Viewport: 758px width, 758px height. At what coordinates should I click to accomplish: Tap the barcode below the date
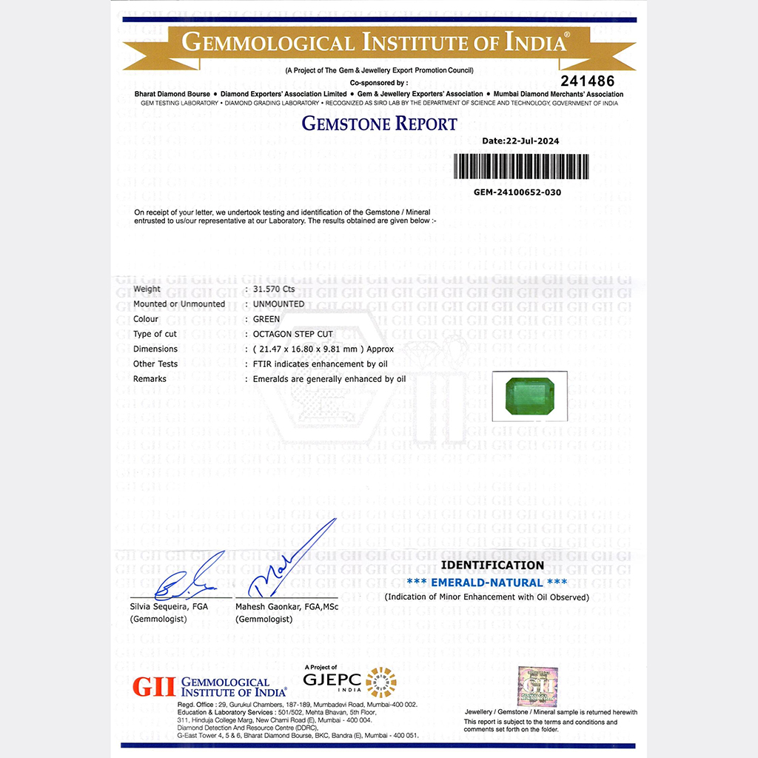(x=521, y=167)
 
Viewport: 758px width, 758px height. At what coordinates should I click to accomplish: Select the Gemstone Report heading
(x=379, y=124)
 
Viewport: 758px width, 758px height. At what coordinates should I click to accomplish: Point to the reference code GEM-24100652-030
(x=517, y=192)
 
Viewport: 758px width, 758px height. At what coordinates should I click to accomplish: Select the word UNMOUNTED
(x=278, y=304)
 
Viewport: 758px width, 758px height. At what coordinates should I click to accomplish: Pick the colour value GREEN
(x=266, y=319)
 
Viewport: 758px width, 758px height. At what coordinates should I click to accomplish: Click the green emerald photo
(x=529, y=397)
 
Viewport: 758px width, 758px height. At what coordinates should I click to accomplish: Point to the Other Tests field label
(x=155, y=363)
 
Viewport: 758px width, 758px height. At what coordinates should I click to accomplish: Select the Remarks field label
(x=150, y=378)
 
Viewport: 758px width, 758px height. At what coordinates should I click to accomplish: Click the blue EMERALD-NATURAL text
(x=487, y=583)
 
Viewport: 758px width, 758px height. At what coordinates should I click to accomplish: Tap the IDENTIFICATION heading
(x=492, y=566)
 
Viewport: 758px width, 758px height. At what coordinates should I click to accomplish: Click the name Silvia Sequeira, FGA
(x=169, y=606)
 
